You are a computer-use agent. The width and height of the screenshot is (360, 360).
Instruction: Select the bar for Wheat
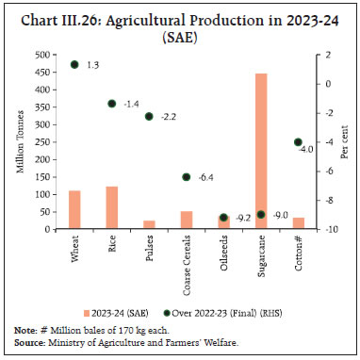click(74, 209)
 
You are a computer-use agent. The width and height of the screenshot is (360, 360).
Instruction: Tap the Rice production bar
click(111, 207)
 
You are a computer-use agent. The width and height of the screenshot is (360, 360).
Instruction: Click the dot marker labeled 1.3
click(74, 65)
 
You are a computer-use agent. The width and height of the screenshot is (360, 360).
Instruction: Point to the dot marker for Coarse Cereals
click(187, 177)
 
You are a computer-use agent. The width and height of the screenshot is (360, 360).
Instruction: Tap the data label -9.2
click(243, 218)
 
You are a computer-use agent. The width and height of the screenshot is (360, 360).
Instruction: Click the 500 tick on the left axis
click(42, 55)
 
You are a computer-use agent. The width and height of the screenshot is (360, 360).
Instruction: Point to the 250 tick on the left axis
click(42, 141)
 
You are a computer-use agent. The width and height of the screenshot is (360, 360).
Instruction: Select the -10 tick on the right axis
click(324, 229)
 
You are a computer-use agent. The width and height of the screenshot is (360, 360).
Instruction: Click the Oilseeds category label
click(221, 253)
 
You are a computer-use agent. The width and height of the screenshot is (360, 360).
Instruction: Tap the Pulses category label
click(148, 250)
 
